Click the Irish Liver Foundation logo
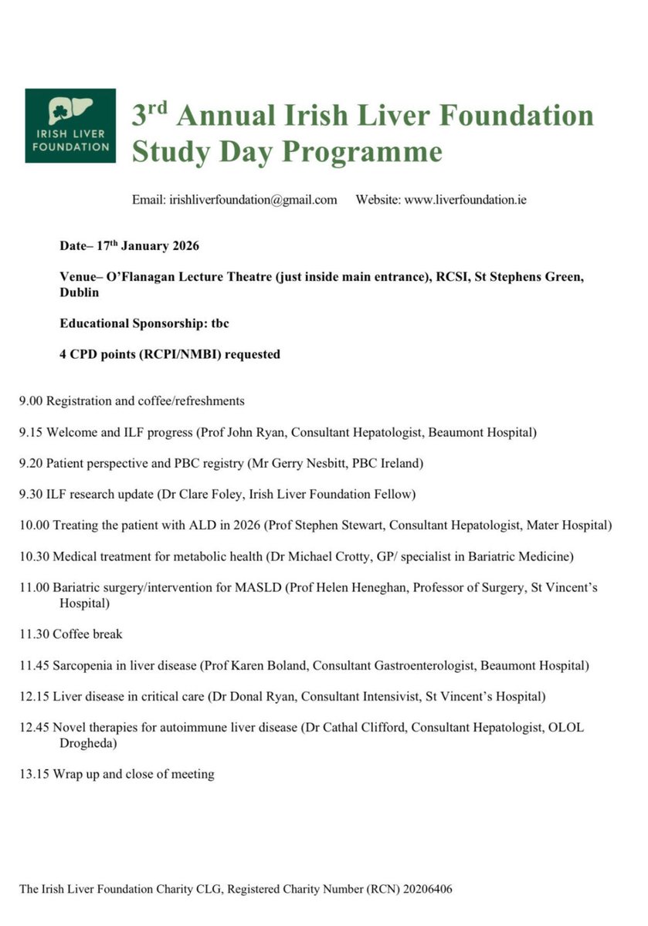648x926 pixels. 70,125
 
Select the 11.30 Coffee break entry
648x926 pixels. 71,634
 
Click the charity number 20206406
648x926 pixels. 424,890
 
